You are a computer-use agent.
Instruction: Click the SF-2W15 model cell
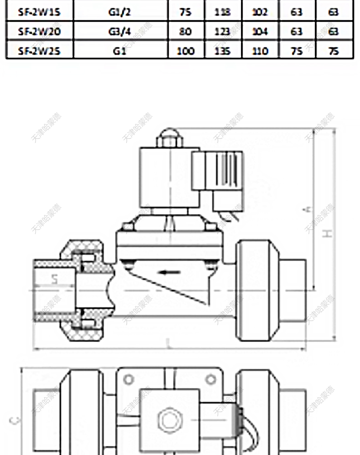[x=39, y=12]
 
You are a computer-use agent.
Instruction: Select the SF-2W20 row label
[x=39, y=31]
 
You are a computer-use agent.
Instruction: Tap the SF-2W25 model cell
[x=39, y=51]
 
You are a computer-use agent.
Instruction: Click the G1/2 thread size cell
[x=119, y=12]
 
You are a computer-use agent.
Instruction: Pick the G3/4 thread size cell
[x=119, y=31]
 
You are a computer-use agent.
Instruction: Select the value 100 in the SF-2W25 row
[x=185, y=51]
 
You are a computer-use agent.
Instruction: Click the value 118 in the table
[x=223, y=12]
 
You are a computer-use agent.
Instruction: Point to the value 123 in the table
[x=223, y=31]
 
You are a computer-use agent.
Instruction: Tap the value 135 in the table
[x=223, y=51]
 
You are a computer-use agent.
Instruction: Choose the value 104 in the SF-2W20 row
[x=260, y=31]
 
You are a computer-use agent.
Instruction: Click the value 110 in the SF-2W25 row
[x=260, y=51]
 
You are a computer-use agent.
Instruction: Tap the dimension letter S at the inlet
[x=54, y=280]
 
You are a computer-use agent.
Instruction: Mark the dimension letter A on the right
[x=308, y=209]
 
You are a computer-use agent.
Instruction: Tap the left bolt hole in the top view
[x=129, y=379]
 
